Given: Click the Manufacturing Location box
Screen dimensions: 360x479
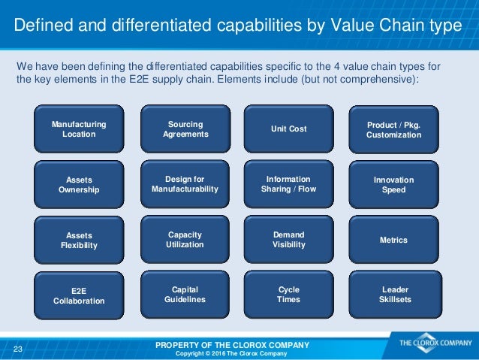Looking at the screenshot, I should pyautogui.click(x=79, y=129).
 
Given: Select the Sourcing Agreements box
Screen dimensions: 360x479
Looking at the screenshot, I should pyautogui.click(x=185, y=129).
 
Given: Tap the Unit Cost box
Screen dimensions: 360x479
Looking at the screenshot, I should pyautogui.click(x=288, y=129).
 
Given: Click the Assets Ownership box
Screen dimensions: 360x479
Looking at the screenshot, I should pyautogui.click(x=79, y=185).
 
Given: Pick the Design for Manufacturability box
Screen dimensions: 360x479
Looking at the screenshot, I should pyautogui.click(x=185, y=184).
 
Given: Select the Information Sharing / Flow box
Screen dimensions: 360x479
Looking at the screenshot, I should pyautogui.click(x=288, y=184).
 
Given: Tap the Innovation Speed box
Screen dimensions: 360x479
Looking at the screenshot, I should pyautogui.click(x=393, y=185).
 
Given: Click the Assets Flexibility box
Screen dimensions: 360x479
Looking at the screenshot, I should pyautogui.click(x=79, y=240).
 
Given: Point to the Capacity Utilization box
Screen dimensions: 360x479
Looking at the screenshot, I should pyautogui.click(x=185, y=239).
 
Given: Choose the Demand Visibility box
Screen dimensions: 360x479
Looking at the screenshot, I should pyautogui.click(x=288, y=239).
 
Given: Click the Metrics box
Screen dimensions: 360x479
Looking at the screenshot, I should pyautogui.click(x=393, y=240).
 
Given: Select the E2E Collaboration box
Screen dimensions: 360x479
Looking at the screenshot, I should pyautogui.click(x=79, y=295).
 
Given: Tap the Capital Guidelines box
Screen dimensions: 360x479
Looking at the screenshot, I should pyautogui.click(x=185, y=294).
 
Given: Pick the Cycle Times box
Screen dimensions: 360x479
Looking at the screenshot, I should pyautogui.click(x=288, y=294).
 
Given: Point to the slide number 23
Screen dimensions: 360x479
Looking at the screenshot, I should pyautogui.click(x=18, y=348).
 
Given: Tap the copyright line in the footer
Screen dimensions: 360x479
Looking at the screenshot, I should pyautogui.click(x=231, y=353).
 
